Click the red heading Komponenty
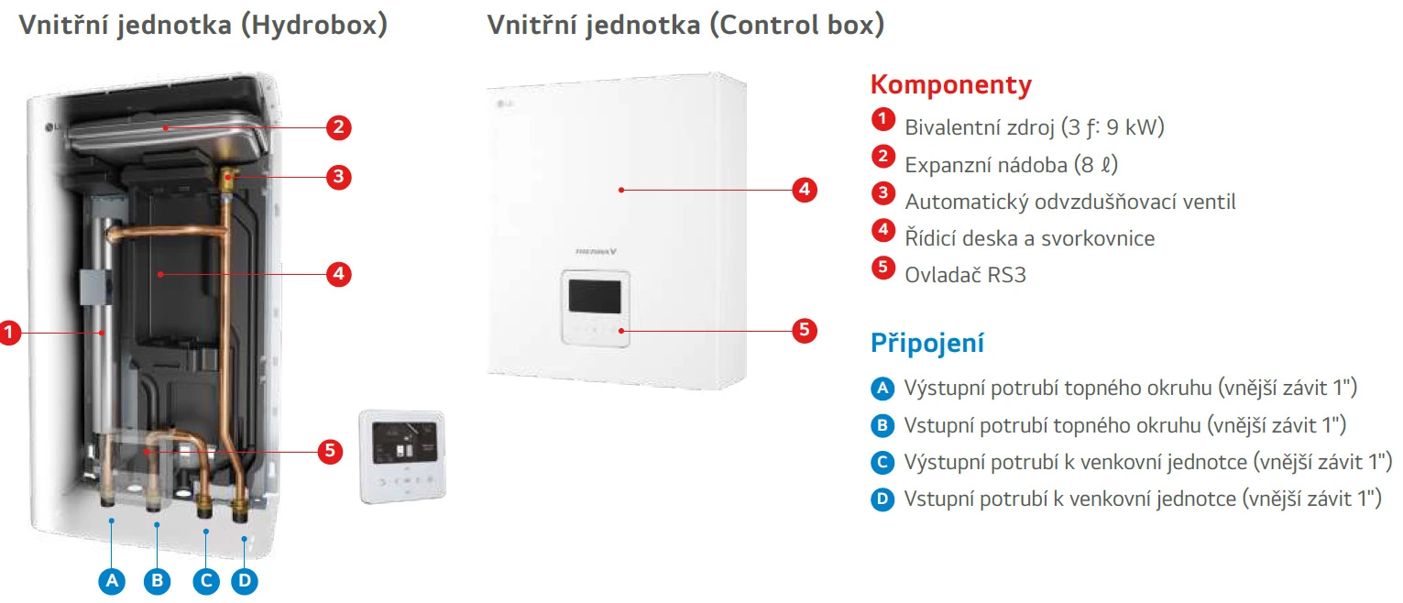(x=950, y=85)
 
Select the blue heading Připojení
(x=926, y=344)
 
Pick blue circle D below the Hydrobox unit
(x=244, y=580)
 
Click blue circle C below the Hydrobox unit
(x=206, y=580)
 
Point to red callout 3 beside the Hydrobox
(x=339, y=177)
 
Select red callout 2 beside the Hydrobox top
(x=339, y=127)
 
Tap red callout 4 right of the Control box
(x=804, y=191)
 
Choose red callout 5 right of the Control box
(x=804, y=330)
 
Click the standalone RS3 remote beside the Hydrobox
(x=401, y=455)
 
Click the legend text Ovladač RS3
(x=965, y=274)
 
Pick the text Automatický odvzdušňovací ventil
(x=1070, y=202)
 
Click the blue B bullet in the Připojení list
(x=882, y=425)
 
